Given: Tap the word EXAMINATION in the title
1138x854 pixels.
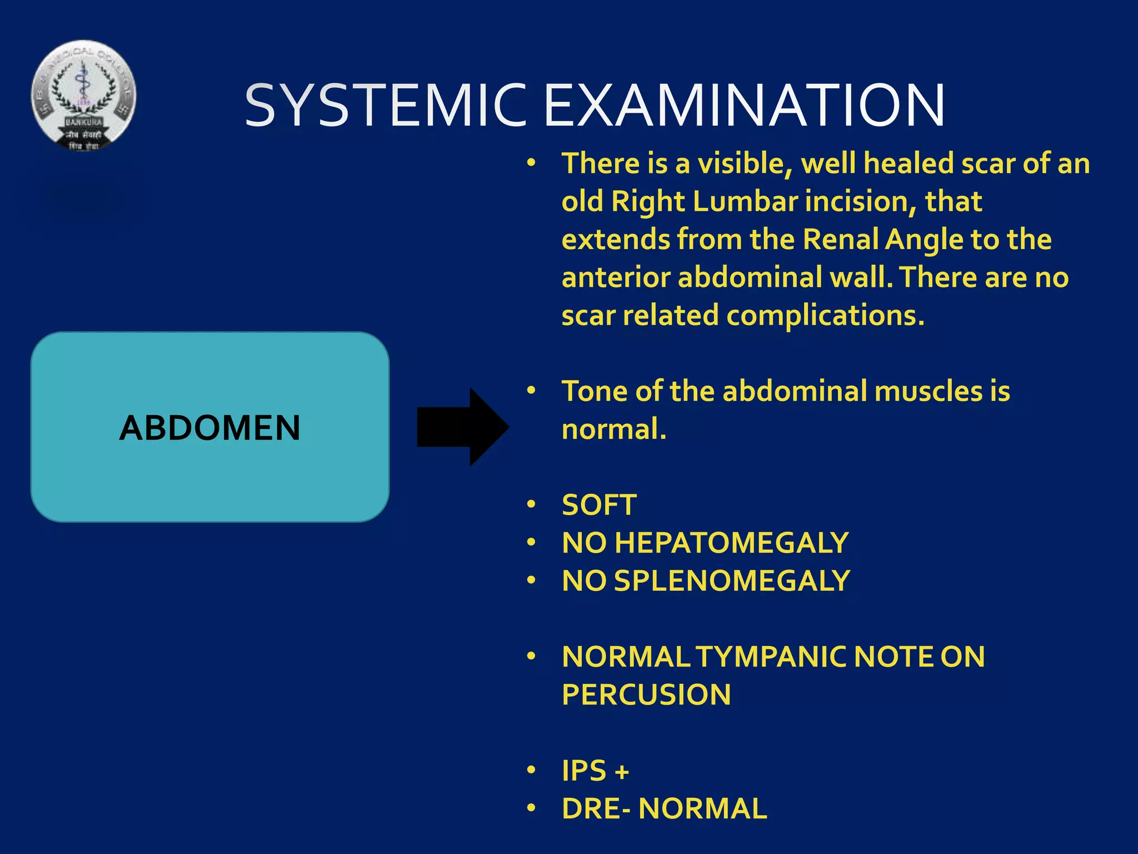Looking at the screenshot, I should [744, 105].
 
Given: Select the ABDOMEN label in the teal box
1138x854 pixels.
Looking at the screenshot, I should [209, 428].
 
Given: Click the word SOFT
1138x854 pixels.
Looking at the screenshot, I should [599, 505].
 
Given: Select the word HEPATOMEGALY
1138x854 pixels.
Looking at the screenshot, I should [732, 543].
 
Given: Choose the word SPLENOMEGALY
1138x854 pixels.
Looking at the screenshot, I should [732, 581].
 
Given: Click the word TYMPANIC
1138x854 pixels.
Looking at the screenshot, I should [772, 657].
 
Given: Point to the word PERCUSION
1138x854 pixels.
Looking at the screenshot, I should [646, 695].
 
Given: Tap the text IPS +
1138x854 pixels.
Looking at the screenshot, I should [595, 771].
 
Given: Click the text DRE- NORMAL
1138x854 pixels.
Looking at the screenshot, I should [664, 809].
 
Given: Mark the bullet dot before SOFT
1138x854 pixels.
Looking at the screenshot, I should [531, 504].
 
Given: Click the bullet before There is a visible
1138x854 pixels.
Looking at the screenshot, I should [531, 163].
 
